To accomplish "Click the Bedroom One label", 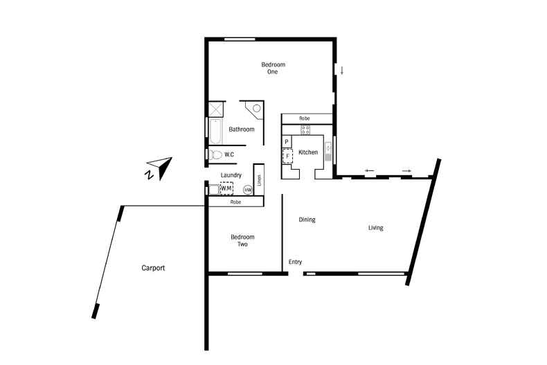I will [273, 68].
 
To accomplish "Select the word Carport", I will [153, 268].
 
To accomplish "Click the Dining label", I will [307, 220].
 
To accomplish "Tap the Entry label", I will [295, 262].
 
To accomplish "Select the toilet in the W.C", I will [215, 155].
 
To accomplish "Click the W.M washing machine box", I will [226, 188].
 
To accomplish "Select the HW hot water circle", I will [247, 189].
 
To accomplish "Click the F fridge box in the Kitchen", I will [287, 156].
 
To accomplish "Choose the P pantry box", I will [287, 142].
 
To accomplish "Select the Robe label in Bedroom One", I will [305, 118].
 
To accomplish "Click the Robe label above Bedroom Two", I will [235, 202].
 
